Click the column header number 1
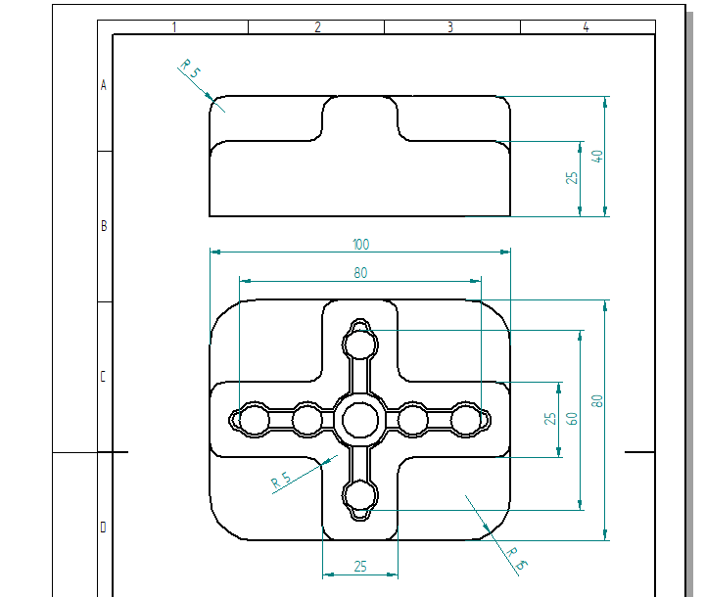[x=174, y=27]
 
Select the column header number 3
[x=450, y=27]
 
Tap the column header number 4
[x=586, y=27]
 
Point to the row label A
[x=104, y=85]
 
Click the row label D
[x=103, y=527]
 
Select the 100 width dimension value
[x=360, y=244]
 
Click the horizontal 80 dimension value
[x=360, y=273]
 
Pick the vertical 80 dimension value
[x=596, y=400]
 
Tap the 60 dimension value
[x=572, y=419]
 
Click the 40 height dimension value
[x=596, y=157]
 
